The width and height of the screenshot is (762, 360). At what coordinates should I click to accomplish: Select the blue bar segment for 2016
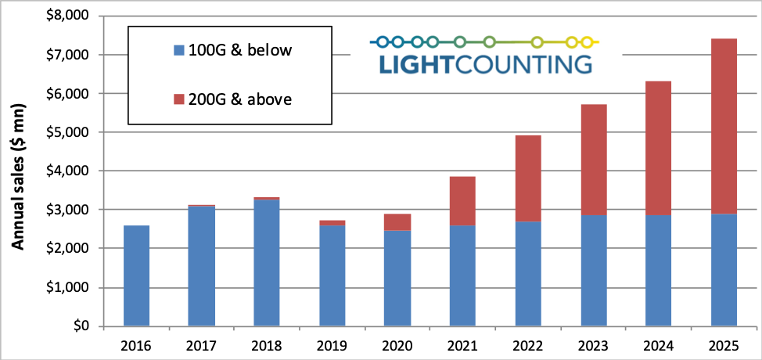[x=136, y=275]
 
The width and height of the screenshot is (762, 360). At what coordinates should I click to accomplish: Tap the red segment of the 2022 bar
[x=528, y=178]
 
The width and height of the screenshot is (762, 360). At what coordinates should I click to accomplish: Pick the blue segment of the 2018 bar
[x=267, y=263]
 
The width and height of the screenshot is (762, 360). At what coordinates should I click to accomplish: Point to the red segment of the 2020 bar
[x=397, y=222]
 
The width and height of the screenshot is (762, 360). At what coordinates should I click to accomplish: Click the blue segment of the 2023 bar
[x=593, y=271]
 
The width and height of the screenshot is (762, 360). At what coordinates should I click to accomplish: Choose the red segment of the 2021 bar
[x=462, y=201]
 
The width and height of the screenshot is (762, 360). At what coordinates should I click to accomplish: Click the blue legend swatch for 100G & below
[x=178, y=51]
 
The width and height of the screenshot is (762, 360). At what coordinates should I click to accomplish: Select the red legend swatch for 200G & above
[x=178, y=99]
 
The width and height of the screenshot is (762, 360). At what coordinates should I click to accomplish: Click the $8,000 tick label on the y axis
[x=68, y=16]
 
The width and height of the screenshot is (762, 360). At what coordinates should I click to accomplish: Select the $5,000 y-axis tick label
[x=68, y=132]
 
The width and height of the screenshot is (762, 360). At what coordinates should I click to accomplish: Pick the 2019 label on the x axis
[x=332, y=344]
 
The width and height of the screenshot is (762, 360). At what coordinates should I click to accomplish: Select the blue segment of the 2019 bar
[x=332, y=275]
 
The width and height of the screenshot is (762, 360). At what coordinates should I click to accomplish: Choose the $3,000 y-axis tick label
[x=68, y=210]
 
